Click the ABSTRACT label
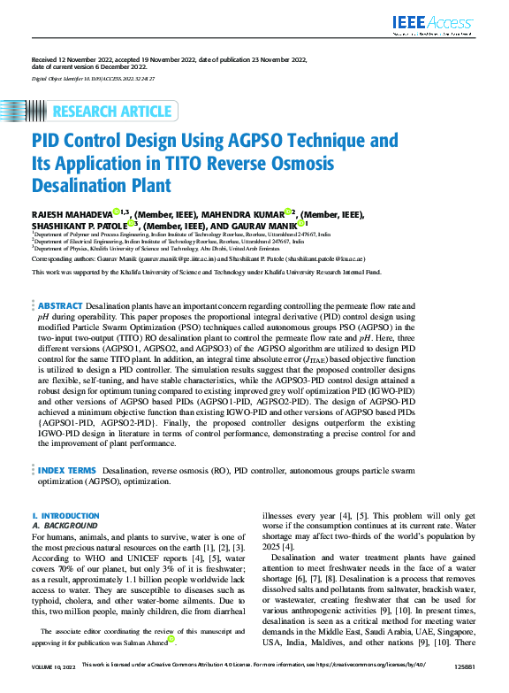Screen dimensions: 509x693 tap(60, 304)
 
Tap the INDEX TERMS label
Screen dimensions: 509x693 tap(67, 469)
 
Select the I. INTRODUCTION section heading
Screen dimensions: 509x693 tap(60, 515)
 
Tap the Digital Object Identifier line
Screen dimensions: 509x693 tap(93, 79)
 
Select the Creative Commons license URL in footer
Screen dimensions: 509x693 tap(380, 687)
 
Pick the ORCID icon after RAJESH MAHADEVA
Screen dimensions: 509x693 tap(116, 212)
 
